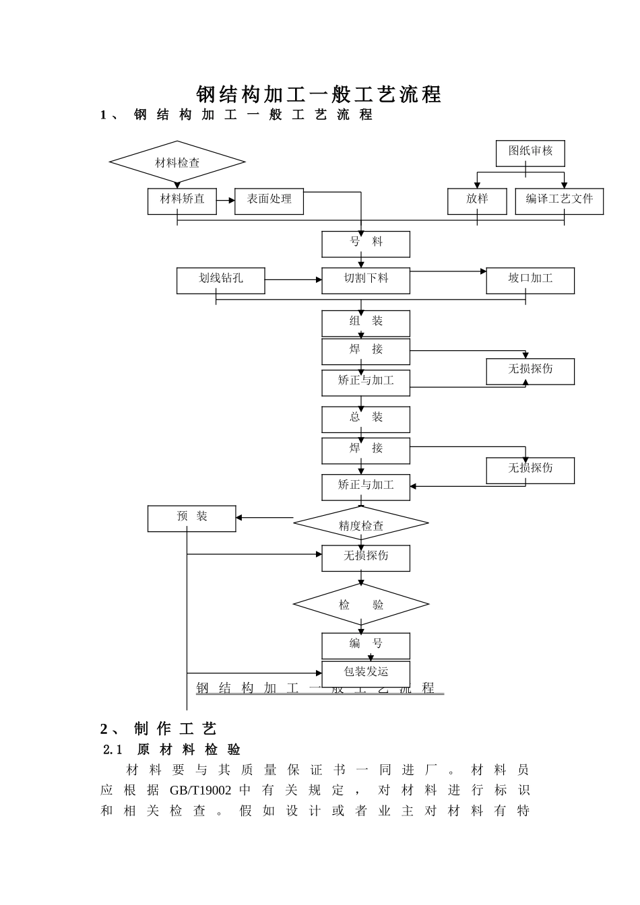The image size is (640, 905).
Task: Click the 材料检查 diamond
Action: pyautogui.click(x=177, y=162)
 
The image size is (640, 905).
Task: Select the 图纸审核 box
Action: pyautogui.click(x=530, y=153)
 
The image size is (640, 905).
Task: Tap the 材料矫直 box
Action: pyautogui.click(x=182, y=201)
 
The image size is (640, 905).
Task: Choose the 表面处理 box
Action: pyautogui.click(x=269, y=201)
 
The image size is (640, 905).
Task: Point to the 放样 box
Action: pyautogui.click(x=477, y=201)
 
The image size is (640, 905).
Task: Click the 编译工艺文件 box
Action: pyautogui.click(x=559, y=201)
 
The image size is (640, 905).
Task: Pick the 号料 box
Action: pyautogui.click(x=366, y=244)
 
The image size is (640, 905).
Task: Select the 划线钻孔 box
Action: pyautogui.click(x=220, y=280)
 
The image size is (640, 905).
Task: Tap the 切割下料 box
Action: pyautogui.click(x=366, y=280)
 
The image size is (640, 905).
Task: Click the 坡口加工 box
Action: pyautogui.click(x=530, y=280)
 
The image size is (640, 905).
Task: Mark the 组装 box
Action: pyautogui.click(x=366, y=323)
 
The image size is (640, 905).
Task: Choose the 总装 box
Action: pyautogui.click(x=366, y=419)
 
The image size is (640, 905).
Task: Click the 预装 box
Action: pyautogui.click(x=191, y=518)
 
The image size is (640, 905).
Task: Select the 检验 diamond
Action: pyautogui.click(x=361, y=604)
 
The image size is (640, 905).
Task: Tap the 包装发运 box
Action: pyautogui.click(x=366, y=673)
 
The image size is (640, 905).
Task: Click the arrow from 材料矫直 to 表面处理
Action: pyautogui.click(x=226, y=201)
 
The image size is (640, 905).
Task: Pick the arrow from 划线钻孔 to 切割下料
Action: pyautogui.click(x=293, y=279)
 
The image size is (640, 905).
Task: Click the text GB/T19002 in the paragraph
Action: pyautogui.click(x=200, y=790)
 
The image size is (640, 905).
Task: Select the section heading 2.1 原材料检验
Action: pyautogui.click(x=172, y=749)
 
